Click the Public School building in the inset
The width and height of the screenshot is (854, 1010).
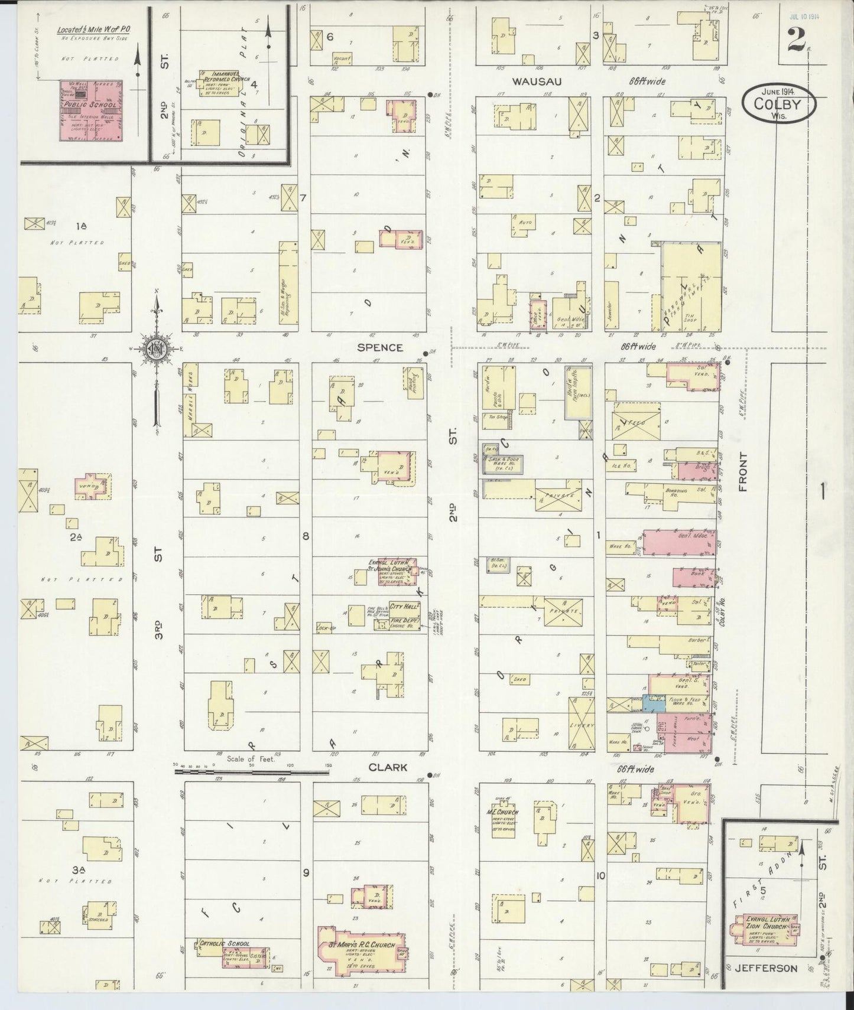pos(91,110)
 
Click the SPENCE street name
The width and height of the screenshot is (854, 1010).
pos(379,348)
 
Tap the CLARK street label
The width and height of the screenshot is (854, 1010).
pos(387,767)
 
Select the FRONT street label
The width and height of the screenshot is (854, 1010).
pos(743,473)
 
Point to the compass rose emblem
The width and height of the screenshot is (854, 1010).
pos(157,346)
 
